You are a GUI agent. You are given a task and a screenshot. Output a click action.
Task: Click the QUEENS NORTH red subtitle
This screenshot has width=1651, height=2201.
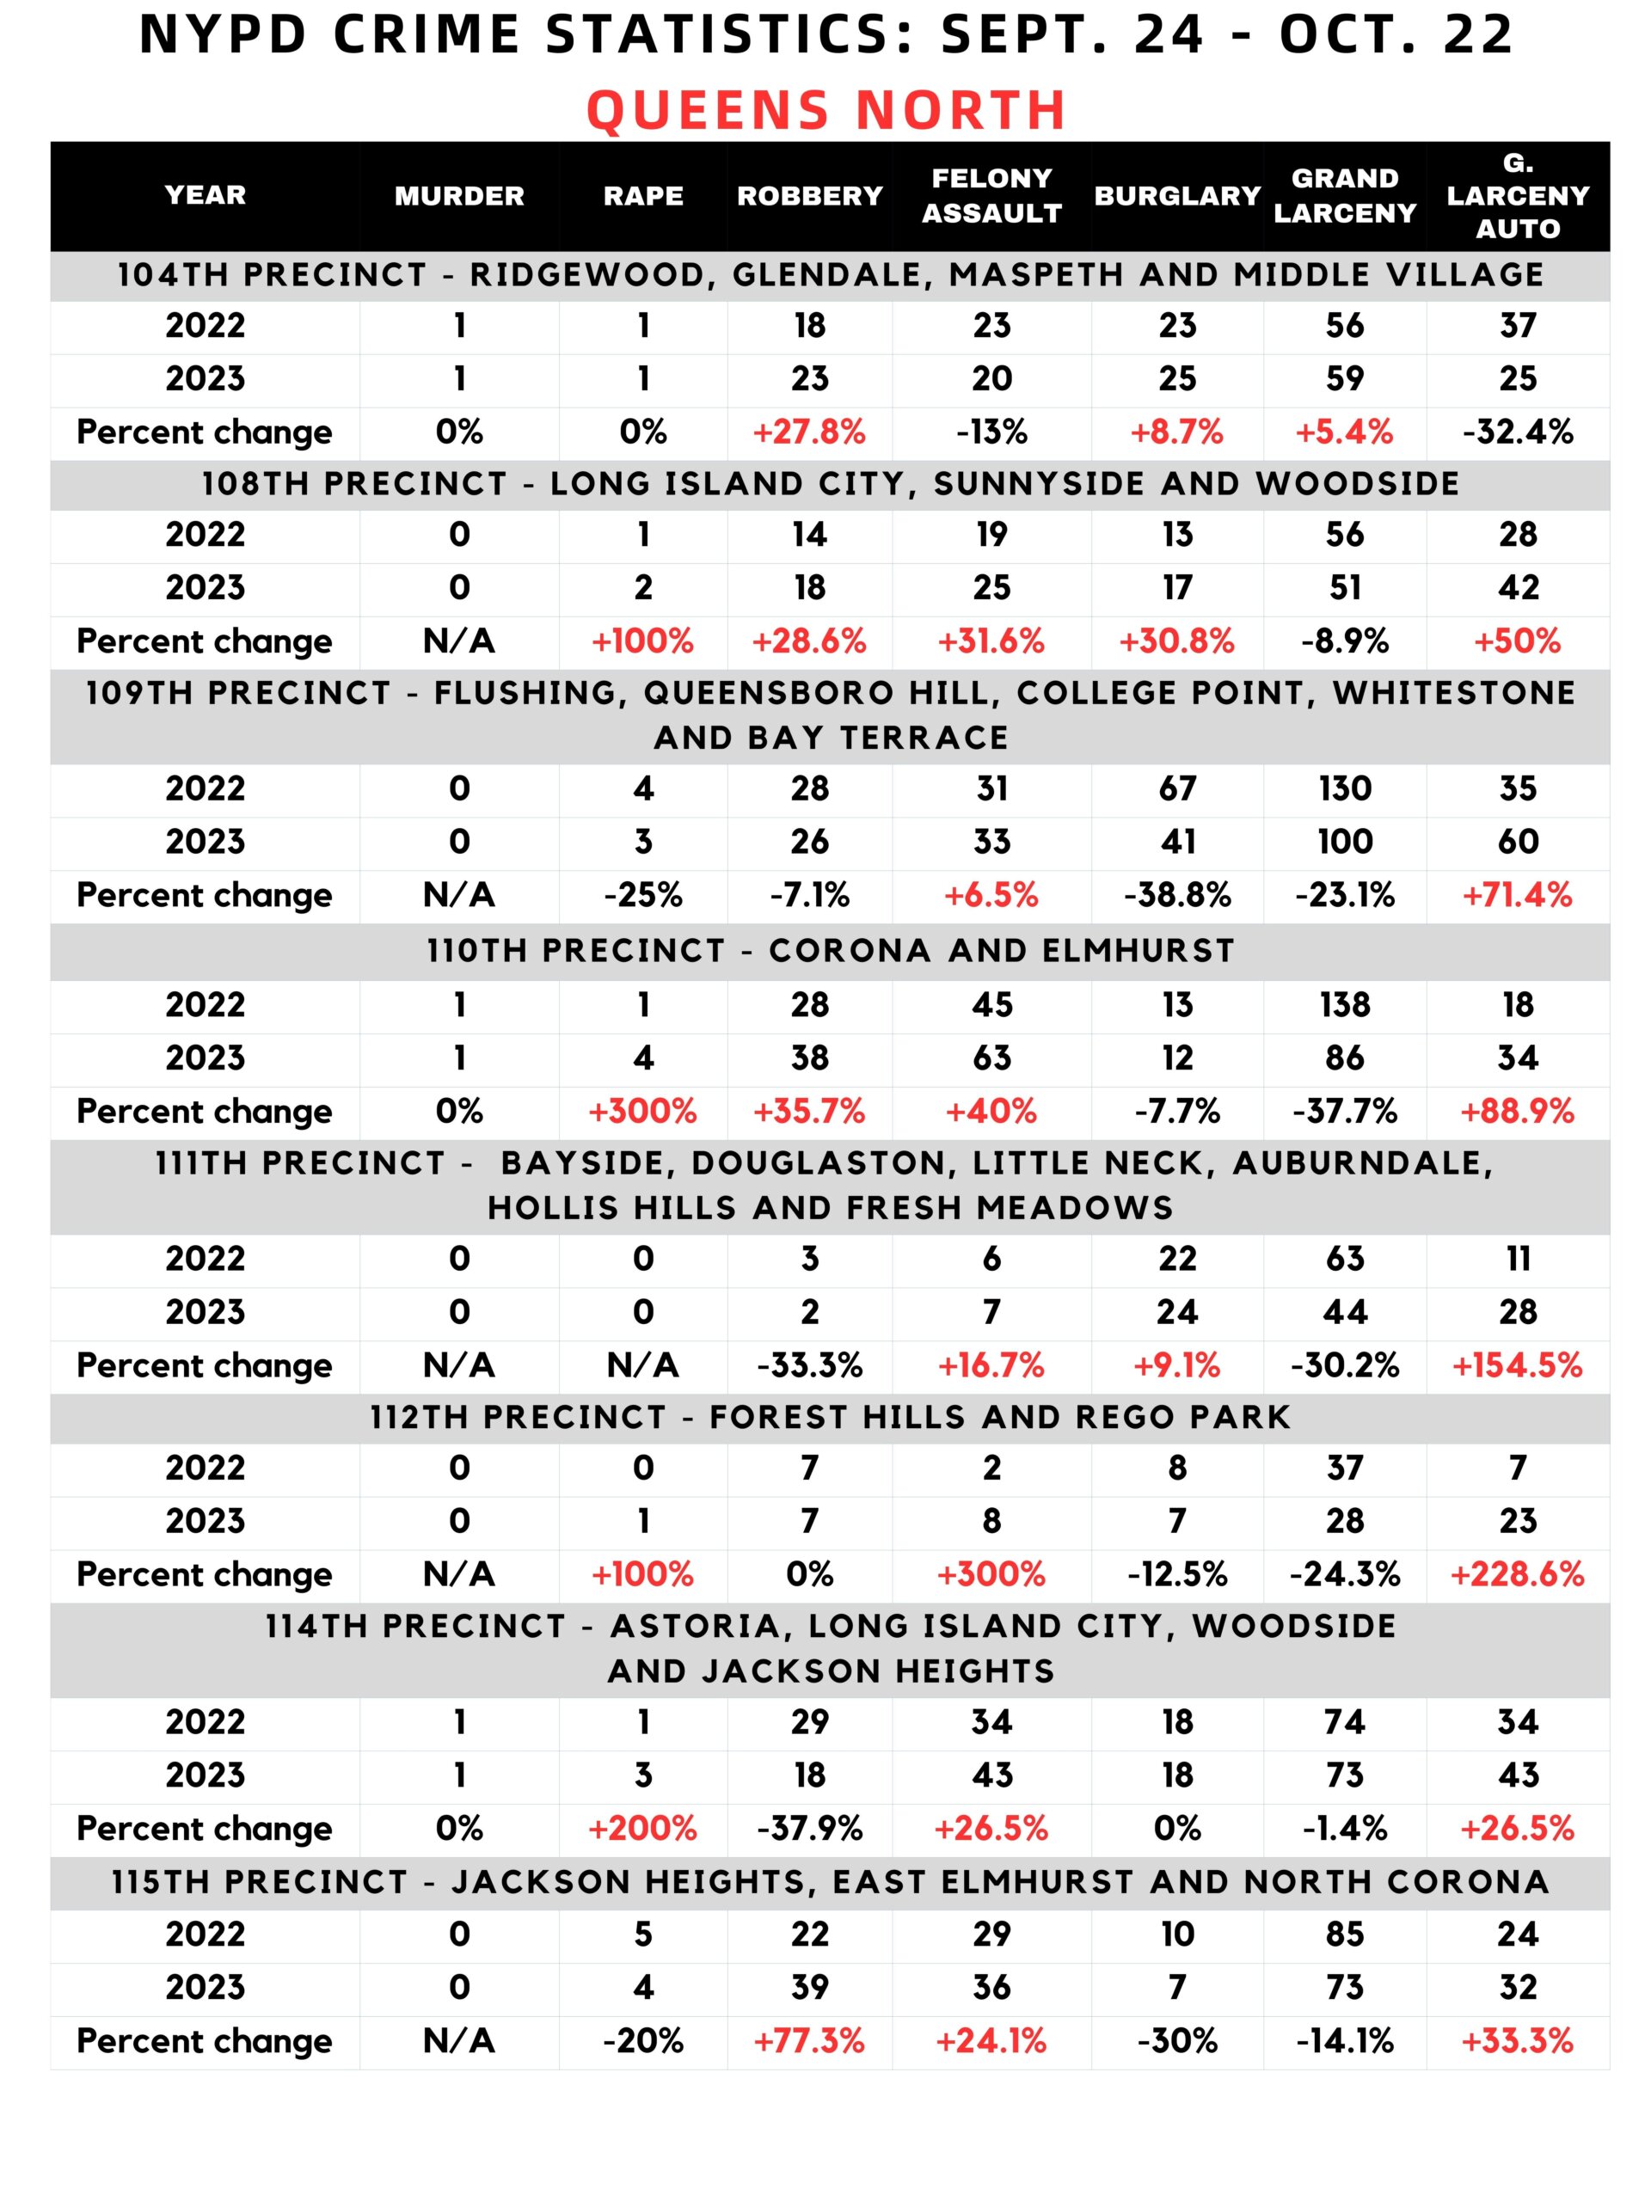click(x=826, y=109)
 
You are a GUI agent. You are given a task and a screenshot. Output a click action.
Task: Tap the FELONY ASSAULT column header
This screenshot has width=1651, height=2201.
click(x=991, y=196)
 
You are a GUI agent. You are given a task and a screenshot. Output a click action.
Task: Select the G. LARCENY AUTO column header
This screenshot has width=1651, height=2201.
click(x=1517, y=196)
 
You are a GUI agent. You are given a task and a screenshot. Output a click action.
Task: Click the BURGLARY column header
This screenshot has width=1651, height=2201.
click(x=1177, y=196)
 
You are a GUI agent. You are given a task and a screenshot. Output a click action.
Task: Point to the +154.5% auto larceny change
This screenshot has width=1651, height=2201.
click(x=1517, y=1364)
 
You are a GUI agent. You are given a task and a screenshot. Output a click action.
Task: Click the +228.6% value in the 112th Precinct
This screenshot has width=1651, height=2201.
click(x=1517, y=1573)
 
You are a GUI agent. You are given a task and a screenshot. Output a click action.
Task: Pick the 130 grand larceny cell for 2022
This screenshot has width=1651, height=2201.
click(x=1345, y=788)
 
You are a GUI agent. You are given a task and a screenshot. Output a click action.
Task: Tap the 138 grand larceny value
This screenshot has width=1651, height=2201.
click(x=1345, y=1004)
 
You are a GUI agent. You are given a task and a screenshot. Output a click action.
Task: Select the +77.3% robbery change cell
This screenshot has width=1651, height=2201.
click(x=809, y=2041)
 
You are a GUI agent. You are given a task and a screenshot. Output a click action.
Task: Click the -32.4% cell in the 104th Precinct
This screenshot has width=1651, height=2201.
click(x=1517, y=432)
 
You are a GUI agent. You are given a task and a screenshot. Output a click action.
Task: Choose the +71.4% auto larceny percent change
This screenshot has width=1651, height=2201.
click(x=1517, y=894)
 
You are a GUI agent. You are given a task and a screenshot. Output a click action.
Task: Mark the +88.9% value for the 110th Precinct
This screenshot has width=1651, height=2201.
click(x=1517, y=1111)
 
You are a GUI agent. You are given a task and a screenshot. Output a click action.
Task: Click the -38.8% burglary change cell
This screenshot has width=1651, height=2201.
click(x=1177, y=894)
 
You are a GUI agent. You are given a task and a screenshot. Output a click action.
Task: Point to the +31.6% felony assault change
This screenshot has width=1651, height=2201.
click(x=991, y=641)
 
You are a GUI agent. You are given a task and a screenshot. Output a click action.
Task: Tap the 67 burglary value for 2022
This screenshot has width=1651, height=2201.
click(x=1177, y=788)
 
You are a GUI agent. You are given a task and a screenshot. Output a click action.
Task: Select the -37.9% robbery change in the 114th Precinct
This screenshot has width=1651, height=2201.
click(x=809, y=1828)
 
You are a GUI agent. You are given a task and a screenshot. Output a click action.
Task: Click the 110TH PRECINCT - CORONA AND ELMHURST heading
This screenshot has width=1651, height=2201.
click(x=830, y=950)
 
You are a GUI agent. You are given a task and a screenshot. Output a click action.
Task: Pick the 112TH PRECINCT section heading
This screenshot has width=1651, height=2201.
click(x=830, y=1417)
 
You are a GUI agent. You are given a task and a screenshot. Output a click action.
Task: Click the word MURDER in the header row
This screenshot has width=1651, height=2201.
click(x=459, y=196)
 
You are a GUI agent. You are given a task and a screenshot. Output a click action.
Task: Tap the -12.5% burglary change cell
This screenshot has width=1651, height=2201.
click(x=1177, y=1573)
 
